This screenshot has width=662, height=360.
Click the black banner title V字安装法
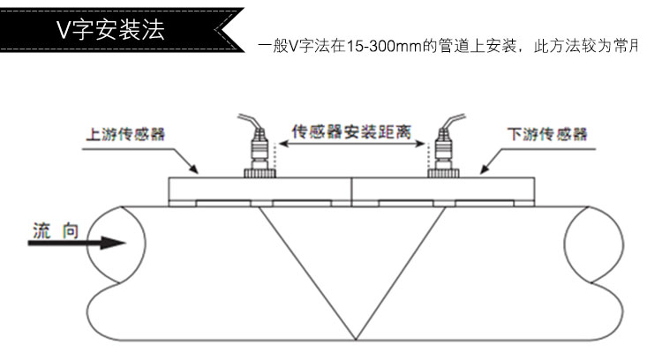pyautogui.click(x=109, y=28)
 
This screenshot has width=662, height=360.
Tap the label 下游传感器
pyautogui.click(x=547, y=135)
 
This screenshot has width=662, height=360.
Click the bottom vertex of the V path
pyautogui.click(x=354, y=340)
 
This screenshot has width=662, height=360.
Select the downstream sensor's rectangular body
pyautogui.click(x=447, y=188)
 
